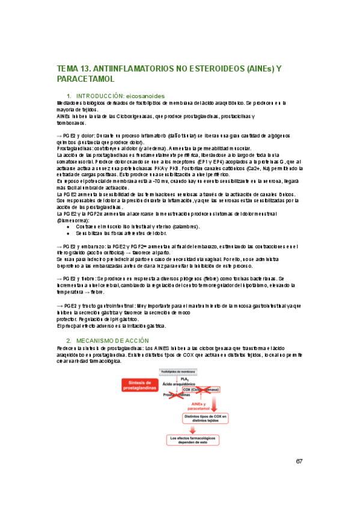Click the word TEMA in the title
67,69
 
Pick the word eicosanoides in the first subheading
145,95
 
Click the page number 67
299,461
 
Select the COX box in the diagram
197,389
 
